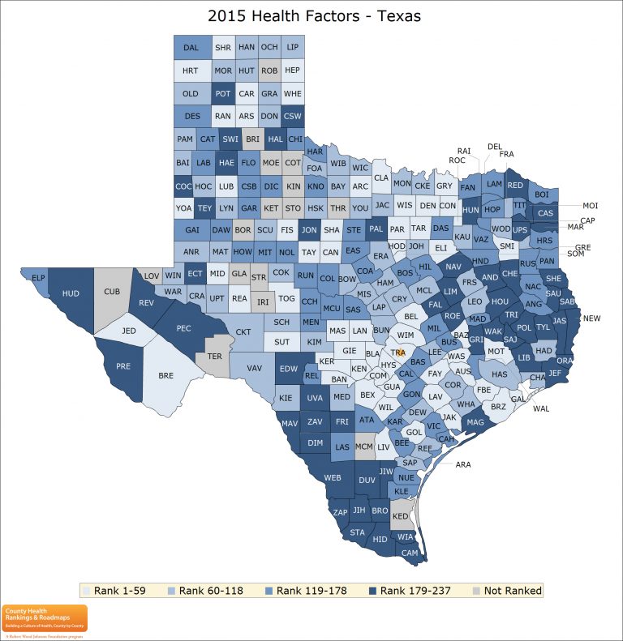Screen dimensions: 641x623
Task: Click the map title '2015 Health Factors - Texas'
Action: pyautogui.click(x=314, y=15)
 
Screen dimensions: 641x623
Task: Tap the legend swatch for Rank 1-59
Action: pyautogui.click(x=87, y=591)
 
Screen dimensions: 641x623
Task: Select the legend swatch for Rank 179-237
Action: pyautogui.click(x=372, y=591)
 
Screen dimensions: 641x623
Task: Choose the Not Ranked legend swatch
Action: pyautogui.click(x=477, y=591)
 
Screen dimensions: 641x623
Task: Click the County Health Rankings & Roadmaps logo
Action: pyautogui.click(x=45, y=617)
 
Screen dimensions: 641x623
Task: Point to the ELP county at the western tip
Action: pyautogui.click(x=37, y=278)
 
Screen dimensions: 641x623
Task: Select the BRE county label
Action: pyautogui.click(x=166, y=376)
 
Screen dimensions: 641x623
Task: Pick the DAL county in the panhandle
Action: pyautogui.click(x=191, y=48)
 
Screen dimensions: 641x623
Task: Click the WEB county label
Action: pyautogui.click(x=333, y=478)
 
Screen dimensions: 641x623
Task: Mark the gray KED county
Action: pyautogui.click(x=401, y=515)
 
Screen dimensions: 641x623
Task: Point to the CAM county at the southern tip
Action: pyautogui.click(x=410, y=552)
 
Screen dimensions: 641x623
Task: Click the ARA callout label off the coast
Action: pyautogui.click(x=463, y=465)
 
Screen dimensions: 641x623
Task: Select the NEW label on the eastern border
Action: pyautogui.click(x=591, y=318)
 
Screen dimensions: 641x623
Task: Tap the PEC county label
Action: pyautogui.click(x=183, y=328)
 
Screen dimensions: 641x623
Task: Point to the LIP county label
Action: pyautogui.click(x=293, y=48)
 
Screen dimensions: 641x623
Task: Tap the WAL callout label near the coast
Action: pyautogui.click(x=541, y=408)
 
